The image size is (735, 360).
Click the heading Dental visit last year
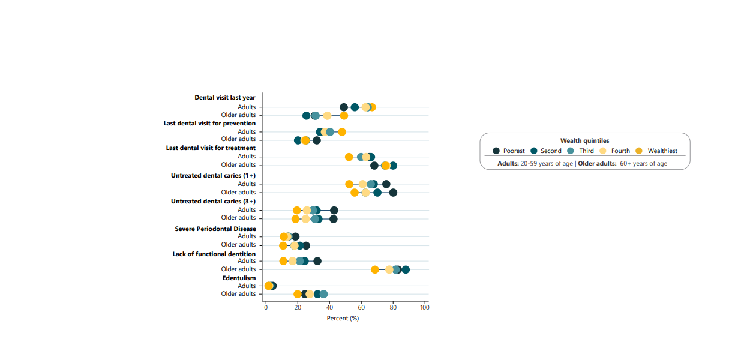coord(225,97)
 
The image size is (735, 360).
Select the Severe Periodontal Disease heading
coord(215,229)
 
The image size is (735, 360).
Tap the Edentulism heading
coord(239,278)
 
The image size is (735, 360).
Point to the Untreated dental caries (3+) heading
coord(213,201)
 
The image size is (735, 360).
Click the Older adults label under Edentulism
coord(238,293)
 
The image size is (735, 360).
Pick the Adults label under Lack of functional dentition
coord(247,261)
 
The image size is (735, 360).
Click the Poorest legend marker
coord(496,151)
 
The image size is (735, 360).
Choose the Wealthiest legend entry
coord(658,151)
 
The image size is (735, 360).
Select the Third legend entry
coord(581,151)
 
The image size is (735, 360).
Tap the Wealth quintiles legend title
coord(584,140)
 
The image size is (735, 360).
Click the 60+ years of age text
coord(643,163)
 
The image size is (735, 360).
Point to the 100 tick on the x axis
coord(425,308)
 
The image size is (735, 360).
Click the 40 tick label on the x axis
coord(329,308)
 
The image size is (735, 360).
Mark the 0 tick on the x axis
coord(266,308)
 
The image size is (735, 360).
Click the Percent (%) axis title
coord(343,318)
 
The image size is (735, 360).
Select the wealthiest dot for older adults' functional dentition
coord(375,269)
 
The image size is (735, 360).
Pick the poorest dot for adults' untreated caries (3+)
coord(334,210)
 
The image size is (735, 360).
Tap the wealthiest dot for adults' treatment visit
coord(349,157)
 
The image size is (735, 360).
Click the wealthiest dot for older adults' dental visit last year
coord(344,115)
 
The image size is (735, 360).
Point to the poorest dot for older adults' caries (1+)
coord(393,193)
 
